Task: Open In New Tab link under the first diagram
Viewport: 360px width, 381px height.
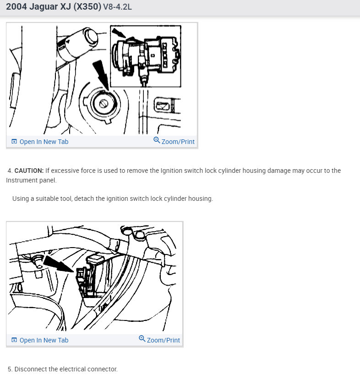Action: coord(44,142)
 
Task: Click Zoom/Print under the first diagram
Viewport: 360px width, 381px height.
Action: coord(178,142)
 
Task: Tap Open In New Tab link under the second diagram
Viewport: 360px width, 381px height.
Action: coord(44,340)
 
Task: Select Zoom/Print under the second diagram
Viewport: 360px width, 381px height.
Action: coord(163,340)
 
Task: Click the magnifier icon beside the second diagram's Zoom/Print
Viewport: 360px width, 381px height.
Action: coord(142,339)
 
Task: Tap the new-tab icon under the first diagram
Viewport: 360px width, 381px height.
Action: coord(14,142)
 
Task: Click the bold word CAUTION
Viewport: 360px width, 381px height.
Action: coord(29,171)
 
